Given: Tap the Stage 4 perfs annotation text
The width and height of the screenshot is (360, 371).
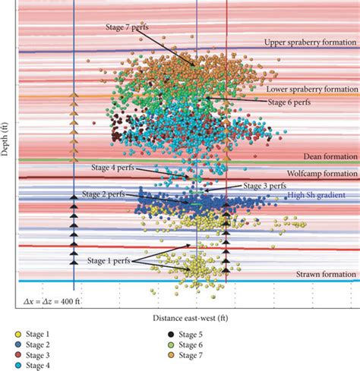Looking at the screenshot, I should click(x=113, y=167).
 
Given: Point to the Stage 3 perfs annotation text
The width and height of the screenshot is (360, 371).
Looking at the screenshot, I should click(x=264, y=185).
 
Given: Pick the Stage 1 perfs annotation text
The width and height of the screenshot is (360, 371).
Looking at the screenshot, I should click(x=107, y=260).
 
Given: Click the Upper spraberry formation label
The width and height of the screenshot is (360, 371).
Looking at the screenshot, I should click(x=310, y=42).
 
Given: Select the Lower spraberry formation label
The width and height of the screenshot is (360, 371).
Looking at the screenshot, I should click(x=311, y=89).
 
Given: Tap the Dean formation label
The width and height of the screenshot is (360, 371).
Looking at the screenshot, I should click(x=330, y=156).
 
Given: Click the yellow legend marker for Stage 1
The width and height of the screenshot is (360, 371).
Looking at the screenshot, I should click(x=17, y=335).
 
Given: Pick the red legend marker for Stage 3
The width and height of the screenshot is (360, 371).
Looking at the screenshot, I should click(x=17, y=354).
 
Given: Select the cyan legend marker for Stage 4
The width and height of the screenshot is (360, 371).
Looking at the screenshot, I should click(x=17, y=364).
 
